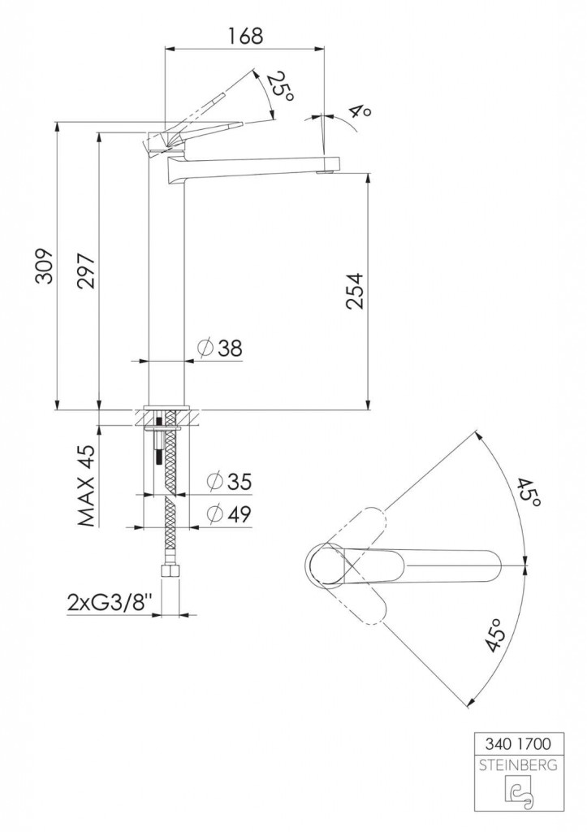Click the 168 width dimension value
click(x=245, y=36)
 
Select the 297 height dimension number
click(x=86, y=271)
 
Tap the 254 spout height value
click(x=354, y=290)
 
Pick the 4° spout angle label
click(x=360, y=110)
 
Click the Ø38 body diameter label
click(x=219, y=348)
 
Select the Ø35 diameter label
click(x=230, y=481)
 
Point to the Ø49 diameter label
click(x=230, y=513)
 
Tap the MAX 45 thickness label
click(x=86, y=486)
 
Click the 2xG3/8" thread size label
click(x=110, y=602)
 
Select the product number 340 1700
click(x=518, y=744)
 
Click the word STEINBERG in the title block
click(x=518, y=765)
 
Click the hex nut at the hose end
click(x=170, y=573)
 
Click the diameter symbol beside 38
click(x=205, y=348)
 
